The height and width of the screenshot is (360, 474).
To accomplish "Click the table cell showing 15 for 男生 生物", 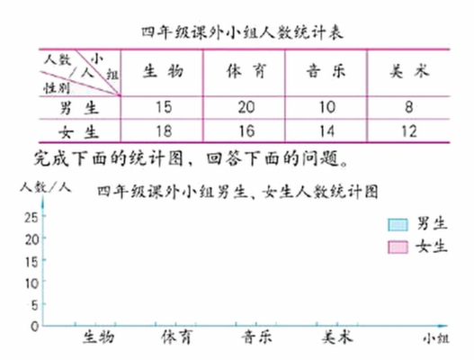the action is click(164, 107).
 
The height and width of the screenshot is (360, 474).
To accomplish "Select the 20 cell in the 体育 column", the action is click(246, 107).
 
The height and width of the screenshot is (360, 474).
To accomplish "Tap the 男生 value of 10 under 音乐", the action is click(327, 107).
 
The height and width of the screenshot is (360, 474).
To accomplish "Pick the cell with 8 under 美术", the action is click(408, 107).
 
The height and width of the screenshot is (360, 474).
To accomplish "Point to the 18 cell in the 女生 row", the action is click(164, 131).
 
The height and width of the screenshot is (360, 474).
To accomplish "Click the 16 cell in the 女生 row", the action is click(246, 131).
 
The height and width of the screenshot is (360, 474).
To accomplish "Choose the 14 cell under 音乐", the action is click(327, 131).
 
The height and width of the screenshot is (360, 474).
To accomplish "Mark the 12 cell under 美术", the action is click(408, 131).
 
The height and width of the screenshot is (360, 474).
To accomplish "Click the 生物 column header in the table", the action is click(163, 71).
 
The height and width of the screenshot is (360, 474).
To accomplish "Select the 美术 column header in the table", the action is click(409, 71).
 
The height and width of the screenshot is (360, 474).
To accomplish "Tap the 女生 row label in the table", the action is click(78, 132).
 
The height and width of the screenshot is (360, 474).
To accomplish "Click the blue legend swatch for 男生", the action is click(398, 225).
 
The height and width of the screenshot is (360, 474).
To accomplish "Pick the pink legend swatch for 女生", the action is click(398, 247).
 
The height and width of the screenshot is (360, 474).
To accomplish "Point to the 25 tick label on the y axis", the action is click(31, 217).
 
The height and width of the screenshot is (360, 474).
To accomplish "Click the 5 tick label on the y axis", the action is click(35, 305).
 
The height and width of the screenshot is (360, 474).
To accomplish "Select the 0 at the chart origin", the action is click(35, 327).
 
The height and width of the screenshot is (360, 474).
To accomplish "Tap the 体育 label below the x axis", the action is click(176, 337).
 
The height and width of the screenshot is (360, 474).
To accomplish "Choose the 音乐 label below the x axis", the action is click(256, 337).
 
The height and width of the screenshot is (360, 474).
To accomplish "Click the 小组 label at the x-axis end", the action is click(436, 338).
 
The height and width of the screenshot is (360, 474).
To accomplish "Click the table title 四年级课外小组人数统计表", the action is click(243, 32).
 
